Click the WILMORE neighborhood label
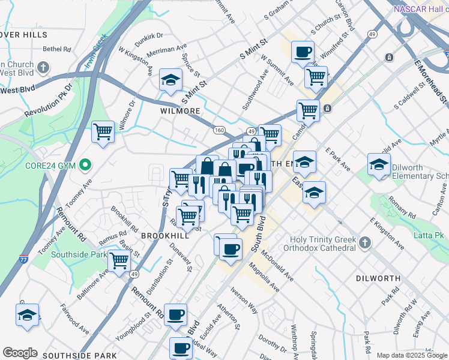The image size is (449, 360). click(180, 112)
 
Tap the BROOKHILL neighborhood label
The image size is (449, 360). click(165, 236)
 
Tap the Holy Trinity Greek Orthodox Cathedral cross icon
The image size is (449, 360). click(366, 242)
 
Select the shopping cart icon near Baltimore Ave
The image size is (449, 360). click(119, 260)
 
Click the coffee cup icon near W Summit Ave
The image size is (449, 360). click(303, 52)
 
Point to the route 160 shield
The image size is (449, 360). click(219, 130)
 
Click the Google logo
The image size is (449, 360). click(20, 353)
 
